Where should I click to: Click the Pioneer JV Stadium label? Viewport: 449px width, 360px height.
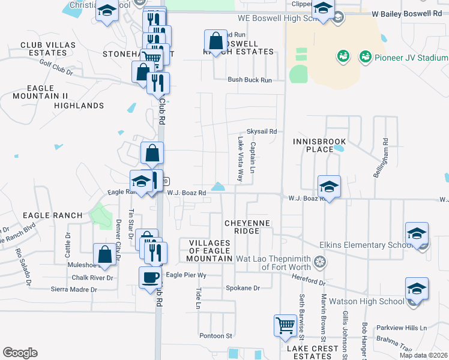(x=411, y=58)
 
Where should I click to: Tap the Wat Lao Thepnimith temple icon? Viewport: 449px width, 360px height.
(x=321, y=262)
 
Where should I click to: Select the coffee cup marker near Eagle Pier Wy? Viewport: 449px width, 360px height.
(x=150, y=278)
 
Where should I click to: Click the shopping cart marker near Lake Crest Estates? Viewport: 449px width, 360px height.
(x=285, y=326)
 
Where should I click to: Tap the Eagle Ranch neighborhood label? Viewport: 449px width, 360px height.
(x=52, y=215)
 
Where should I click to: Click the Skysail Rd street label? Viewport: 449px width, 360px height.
(x=262, y=131)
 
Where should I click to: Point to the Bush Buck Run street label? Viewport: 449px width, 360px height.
(x=249, y=80)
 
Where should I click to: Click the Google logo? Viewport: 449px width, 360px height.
(x=20, y=353)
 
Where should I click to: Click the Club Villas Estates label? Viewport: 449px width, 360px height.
(x=48, y=49)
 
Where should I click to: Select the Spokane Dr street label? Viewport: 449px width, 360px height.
(x=243, y=288)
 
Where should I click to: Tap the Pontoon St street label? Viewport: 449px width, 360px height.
(x=216, y=336)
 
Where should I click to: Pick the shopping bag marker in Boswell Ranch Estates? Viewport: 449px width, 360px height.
(x=215, y=41)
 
